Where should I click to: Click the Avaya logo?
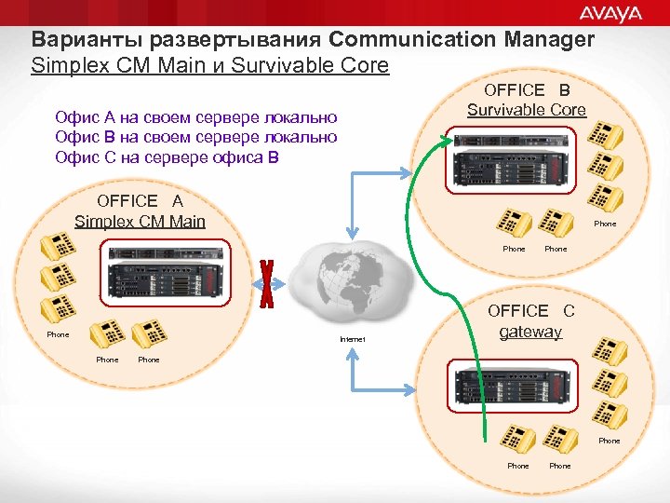tap(611, 13)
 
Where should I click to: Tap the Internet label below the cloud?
tap(354, 339)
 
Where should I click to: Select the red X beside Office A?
tap(268, 284)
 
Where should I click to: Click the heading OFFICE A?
tap(140, 201)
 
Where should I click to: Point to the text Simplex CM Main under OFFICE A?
tap(140, 222)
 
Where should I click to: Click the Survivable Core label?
tap(527, 110)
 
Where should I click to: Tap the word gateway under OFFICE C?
tap(530, 332)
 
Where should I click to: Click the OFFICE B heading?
tap(527, 89)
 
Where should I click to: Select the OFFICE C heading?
tap(531, 311)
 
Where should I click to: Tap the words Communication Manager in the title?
tap(462, 40)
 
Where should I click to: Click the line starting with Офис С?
tap(167, 156)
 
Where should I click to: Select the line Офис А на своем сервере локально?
tap(195, 117)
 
